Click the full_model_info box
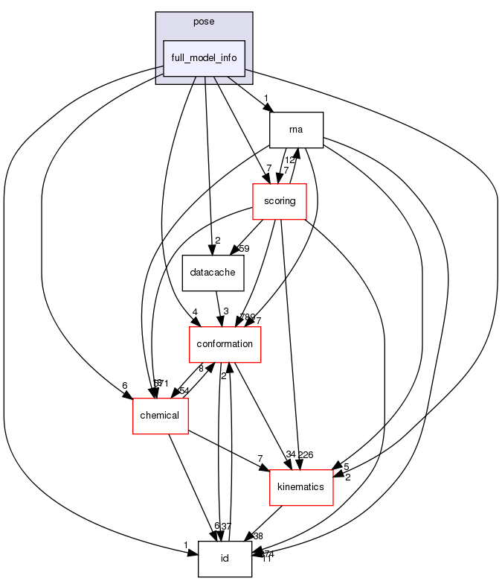click(204, 58)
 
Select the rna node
click(296, 130)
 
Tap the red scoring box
click(280, 201)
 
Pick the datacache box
click(213, 273)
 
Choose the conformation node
click(224, 344)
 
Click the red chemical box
click(160, 416)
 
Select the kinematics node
click(300, 487)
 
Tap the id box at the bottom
click(225, 559)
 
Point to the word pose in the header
click(204, 22)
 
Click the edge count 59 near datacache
click(243, 248)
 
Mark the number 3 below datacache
click(225, 310)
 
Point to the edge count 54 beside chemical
click(183, 391)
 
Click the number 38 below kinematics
click(259, 535)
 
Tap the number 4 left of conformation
click(193, 312)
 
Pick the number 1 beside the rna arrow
click(265, 98)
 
